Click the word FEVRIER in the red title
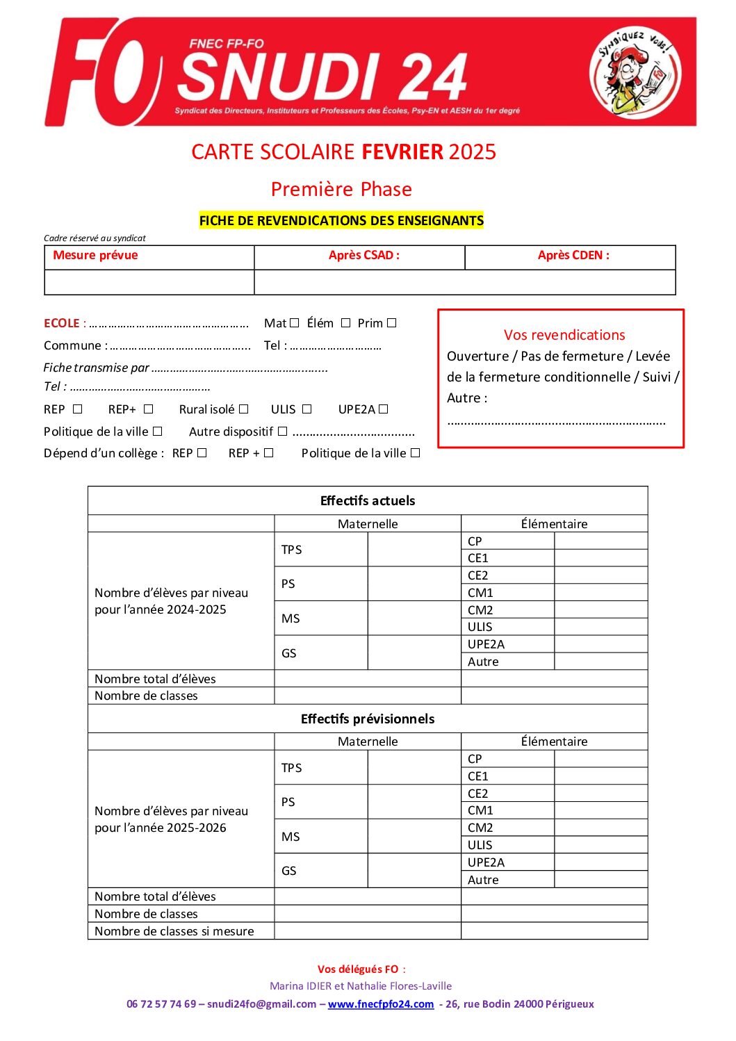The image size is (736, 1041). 402,151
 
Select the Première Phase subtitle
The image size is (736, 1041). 341,189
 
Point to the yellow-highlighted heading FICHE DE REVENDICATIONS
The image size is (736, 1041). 341,221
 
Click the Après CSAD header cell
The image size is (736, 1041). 363,255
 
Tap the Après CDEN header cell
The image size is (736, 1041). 573,255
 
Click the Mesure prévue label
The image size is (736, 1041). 95,255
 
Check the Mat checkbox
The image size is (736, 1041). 295,323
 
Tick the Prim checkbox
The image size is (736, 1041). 392,323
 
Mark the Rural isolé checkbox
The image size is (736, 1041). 244,409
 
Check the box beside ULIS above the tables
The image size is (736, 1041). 307,409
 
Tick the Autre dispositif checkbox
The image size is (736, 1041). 282,432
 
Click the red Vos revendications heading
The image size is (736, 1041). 564,335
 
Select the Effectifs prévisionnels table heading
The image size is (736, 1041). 368,719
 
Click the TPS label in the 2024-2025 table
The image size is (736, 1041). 292,550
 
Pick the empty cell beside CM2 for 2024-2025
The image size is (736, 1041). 600,610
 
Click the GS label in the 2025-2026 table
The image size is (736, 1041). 289,871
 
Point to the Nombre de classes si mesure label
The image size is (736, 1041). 174,931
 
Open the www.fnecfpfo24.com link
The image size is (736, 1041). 381,1004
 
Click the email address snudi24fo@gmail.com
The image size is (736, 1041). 262,1004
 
